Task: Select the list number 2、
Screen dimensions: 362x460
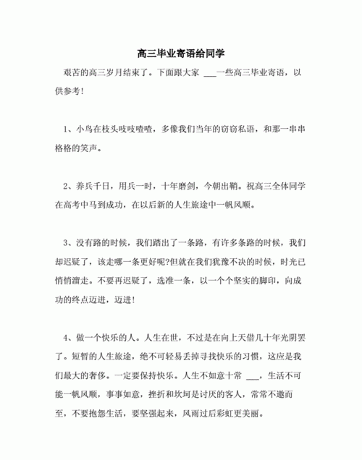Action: click(x=69, y=184)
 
